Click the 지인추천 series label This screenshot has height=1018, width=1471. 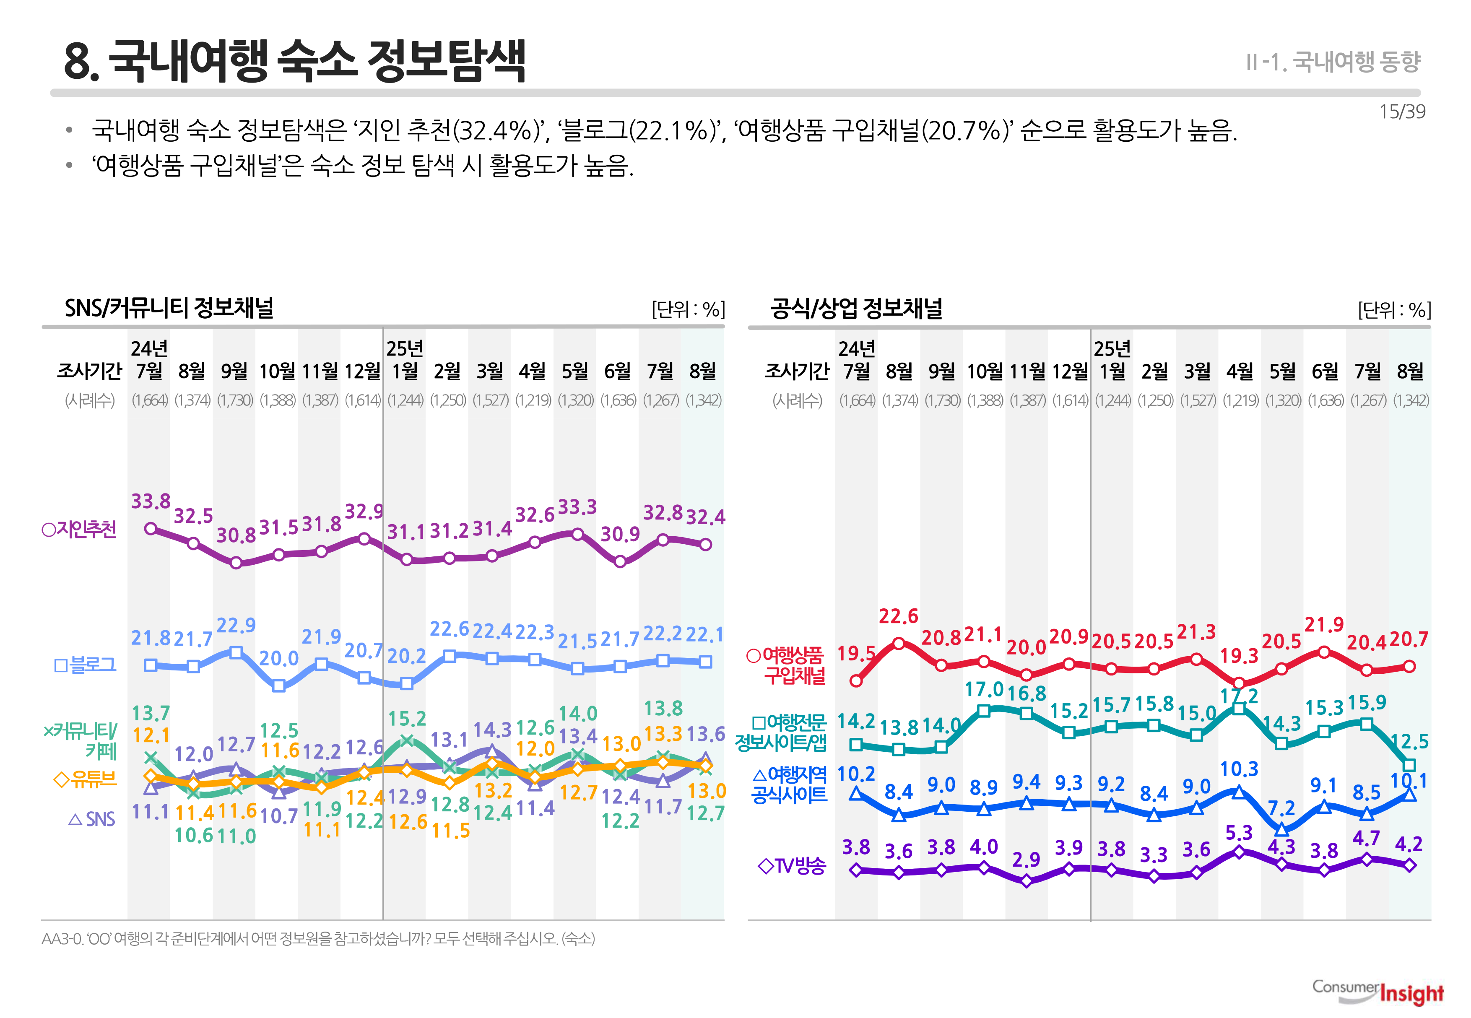pyautogui.click(x=80, y=530)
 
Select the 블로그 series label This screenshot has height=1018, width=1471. pyautogui.click(x=86, y=665)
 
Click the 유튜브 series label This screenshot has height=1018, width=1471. pyautogui.click(x=86, y=779)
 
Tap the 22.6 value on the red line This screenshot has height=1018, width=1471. pyautogui.click(x=898, y=616)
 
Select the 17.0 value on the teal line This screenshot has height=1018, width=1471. pyautogui.click(x=984, y=690)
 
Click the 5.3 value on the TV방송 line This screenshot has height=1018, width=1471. pyautogui.click(x=1239, y=833)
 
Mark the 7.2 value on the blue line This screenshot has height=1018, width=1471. pyautogui.click(x=1281, y=808)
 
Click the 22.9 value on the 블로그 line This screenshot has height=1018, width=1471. pyautogui.click(x=236, y=626)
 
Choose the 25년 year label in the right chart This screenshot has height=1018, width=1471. pyautogui.click(x=1112, y=349)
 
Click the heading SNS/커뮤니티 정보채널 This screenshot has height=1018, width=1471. pyautogui.click(x=169, y=308)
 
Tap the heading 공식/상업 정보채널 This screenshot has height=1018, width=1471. pyautogui.click(x=856, y=308)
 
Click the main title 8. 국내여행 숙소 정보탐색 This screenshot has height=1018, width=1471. pyautogui.click(x=295, y=61)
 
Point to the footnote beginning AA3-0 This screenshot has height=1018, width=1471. pyautogui.click(x=318, y=939)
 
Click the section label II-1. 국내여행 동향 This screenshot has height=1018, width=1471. pyautogui.click(x=1333, y=62)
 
